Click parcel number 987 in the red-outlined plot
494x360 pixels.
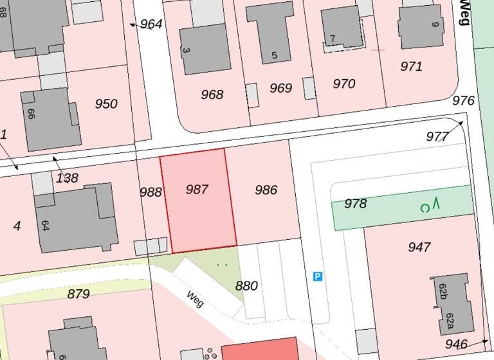pyautogui.click(x=197, y=189)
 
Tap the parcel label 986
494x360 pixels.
pyautogui.click(x=266, y=190)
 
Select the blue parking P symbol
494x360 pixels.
pyautogui.click(x=317, y=276)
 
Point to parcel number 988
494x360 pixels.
pyautogui.click(x=151, y=192)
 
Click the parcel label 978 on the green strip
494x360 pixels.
pyautogui.click(x=355, y=204)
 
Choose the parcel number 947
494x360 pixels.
pyautogui.click(x=419, y=247)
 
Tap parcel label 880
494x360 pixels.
pyautogui.click(x=246, y=286)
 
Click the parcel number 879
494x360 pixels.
pyautogui.click(x=78, y=294)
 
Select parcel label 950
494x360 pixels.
pyautogui.click(x=106, y=104)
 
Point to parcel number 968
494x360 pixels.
pyautogui.click(x=212, y=95)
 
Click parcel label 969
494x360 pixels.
pyautogui.click(x=280, y=88)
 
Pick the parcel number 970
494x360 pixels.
pyautogui.click(x=344, y=84)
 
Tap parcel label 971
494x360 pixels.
pyautogui.click(x=411, y=66)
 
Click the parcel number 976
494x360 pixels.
pyautogui.click(x=463, y=101)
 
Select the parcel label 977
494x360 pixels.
pyautogui.click(x=437, y=136)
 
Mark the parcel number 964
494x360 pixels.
pyautogui.click(x=151, y=24)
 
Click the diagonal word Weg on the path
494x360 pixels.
pyautogui.click(x=194, y=299)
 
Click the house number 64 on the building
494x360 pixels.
pyautogui.click(x=44, y=226)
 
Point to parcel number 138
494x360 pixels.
pyautogui.click(x=67, y=178)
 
